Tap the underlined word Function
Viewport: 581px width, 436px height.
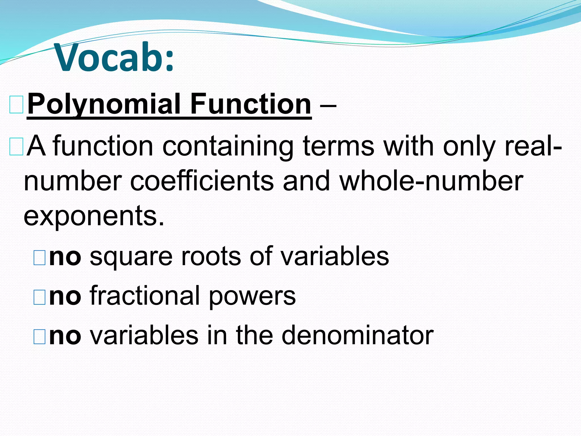click(251, 104)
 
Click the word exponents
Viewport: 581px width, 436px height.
click(94, 216)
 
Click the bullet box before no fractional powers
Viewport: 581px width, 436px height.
click(39, 297)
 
